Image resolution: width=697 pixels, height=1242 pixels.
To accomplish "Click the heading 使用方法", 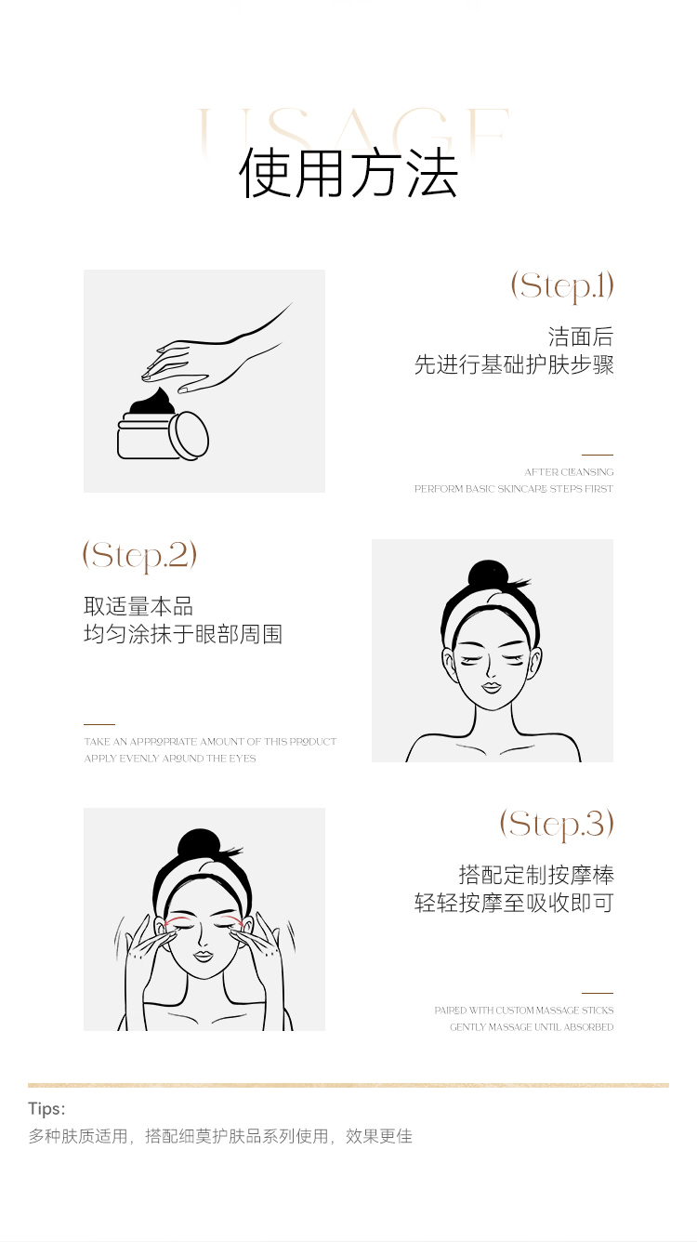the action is point(348,173).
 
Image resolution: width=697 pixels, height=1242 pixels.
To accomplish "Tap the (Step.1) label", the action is point(562,286).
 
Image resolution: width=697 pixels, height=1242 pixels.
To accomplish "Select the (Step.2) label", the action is point(139,556).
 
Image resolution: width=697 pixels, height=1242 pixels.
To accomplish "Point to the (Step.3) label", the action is point(557,825).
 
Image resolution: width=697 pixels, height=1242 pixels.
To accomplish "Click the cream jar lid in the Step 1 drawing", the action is point(189,435).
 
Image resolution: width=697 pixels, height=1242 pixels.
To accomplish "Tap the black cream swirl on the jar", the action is point(153,402).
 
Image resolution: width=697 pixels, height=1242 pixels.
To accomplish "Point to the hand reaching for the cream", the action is point(217,350).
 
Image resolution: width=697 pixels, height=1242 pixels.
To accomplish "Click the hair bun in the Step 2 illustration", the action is point(488,575).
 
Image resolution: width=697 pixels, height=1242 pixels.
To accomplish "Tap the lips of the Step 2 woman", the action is point(491,688).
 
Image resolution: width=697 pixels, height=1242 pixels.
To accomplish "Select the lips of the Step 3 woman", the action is point(203,957).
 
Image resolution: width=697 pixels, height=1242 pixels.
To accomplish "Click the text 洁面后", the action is point(581,337).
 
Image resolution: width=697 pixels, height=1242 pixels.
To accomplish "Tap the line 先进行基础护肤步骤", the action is point(514,364).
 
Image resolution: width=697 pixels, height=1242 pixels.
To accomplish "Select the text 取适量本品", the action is point(138,606).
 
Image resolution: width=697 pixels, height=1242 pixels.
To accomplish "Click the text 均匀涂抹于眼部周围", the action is point(183,634).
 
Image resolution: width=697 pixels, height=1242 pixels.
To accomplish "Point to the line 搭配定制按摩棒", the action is point(536,876).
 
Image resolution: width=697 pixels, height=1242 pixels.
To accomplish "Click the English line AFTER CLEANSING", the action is point(569,472).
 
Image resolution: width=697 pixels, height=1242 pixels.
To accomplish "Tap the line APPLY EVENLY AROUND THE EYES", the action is point(170,759).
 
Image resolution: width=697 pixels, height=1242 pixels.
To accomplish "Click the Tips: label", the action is point(46,1109).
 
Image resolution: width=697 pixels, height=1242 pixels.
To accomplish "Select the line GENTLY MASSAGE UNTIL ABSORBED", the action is point(532,1027).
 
